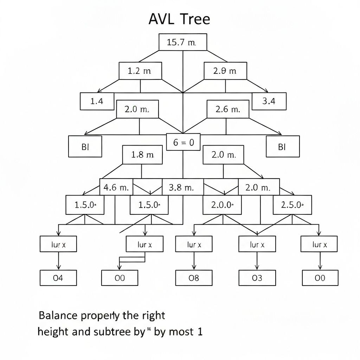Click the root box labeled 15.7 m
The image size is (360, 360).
[x=182, y=43]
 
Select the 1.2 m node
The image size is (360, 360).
[x=140, y=71]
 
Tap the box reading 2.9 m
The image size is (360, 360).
[x=225, y=71]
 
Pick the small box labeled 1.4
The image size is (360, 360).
[x=97, y=102]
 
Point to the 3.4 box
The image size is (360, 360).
[x=269, y=102]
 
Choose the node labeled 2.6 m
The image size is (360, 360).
[x=227, y=109]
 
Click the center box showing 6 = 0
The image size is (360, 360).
[x=183, y=142]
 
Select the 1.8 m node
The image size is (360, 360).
[x=142, y=155]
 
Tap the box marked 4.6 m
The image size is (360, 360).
[x=116, y=187]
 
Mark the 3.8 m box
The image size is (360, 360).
[x=182, y=187]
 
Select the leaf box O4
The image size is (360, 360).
[x=58, y=278]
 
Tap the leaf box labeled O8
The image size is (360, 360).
[x=194, y=278]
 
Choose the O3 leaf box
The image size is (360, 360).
[x=257, y=278]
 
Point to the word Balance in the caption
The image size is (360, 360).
[x=57, y=315]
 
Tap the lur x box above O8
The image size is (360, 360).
[x=194, y=244]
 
